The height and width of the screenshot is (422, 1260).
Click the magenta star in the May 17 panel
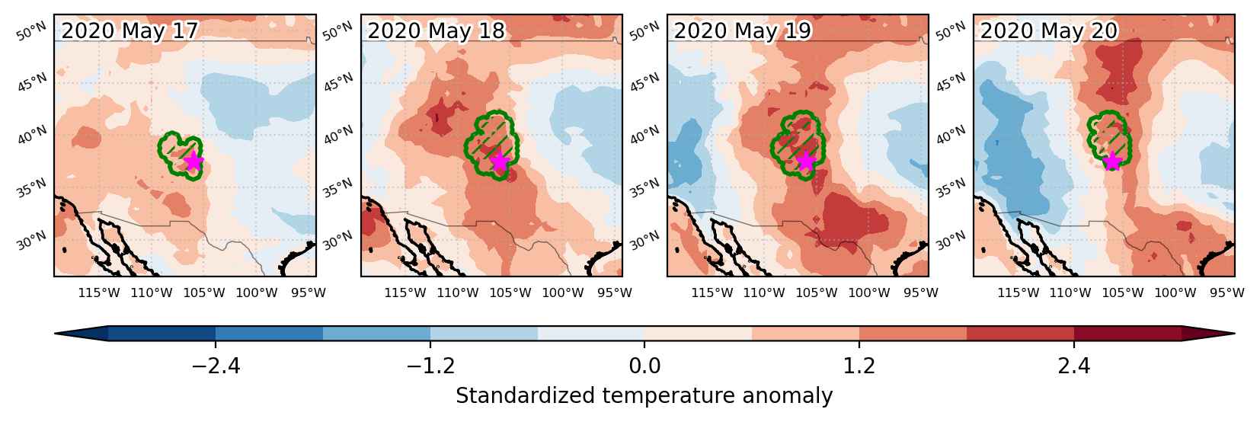(193, 161)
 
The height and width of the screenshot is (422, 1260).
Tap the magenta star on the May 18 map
(500, 161)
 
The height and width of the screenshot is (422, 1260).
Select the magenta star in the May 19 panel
(806, 161)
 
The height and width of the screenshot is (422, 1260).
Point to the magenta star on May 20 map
(1112, 161)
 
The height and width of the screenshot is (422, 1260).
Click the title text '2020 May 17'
(130, 30)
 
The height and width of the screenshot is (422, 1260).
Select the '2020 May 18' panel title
(437, 30)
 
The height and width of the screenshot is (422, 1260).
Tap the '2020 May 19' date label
(743, 30)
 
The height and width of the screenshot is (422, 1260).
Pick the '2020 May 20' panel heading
(1049, 30)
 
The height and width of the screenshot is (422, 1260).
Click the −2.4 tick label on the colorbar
(216, 366)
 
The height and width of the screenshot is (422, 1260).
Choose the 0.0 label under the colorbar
(644, 366)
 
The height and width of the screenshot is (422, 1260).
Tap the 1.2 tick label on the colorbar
(859, 366)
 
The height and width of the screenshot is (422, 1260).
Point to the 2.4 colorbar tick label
(1074, 366)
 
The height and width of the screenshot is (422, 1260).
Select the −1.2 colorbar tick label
(431, 366)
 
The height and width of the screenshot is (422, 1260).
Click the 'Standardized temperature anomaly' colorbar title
(644, 396)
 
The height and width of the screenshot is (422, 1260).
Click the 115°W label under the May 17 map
(99, 293)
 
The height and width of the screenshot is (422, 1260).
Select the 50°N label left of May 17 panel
(31, 31)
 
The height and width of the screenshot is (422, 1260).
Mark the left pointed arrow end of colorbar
(55, 333)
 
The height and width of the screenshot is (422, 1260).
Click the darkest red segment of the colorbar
(1127, 333)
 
